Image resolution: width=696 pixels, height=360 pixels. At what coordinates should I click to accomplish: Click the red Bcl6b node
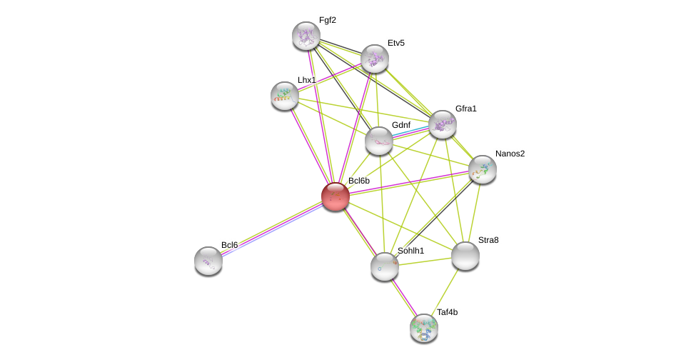tap(335, 196)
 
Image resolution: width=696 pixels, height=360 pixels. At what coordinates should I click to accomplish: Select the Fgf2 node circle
tap(306, 36)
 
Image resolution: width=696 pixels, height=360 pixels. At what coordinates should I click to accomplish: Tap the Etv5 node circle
tap(374, 59)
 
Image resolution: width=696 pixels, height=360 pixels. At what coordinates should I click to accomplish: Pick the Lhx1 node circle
tap(284, 95)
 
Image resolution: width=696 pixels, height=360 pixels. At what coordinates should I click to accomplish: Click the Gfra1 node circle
tap(442, 124)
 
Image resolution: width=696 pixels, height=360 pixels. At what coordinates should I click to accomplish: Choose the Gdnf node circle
tap(378, 141)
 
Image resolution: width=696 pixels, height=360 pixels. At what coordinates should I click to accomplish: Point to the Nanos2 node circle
tap(482, 169)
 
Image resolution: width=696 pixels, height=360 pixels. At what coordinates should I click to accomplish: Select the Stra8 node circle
tap(465, 256)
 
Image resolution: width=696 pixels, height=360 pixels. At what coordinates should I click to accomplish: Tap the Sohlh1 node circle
tap(384, 266)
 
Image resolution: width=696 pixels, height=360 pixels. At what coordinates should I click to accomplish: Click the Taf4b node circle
tap(423, 328)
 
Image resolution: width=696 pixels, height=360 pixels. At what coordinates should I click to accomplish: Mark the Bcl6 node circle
tap(208, 261)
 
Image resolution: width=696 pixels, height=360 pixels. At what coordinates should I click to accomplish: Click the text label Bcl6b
tap(358, 181)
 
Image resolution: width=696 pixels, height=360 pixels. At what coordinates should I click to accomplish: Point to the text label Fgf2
tap(327, 20)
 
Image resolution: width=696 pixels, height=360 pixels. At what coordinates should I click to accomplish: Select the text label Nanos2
tap(510, 154)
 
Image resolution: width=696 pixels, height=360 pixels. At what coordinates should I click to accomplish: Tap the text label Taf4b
tap(447, 312)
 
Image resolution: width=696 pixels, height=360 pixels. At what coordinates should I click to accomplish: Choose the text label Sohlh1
tap(410, 251)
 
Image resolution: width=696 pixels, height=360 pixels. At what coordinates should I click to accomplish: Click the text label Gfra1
tap(465, 109)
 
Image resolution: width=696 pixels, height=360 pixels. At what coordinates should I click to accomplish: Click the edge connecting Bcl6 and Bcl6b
tap(271, 229)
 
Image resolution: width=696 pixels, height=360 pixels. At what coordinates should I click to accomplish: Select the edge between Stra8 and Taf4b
tap(445, 291)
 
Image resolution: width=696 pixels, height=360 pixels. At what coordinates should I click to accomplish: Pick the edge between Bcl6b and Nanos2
tap(408, 183)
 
